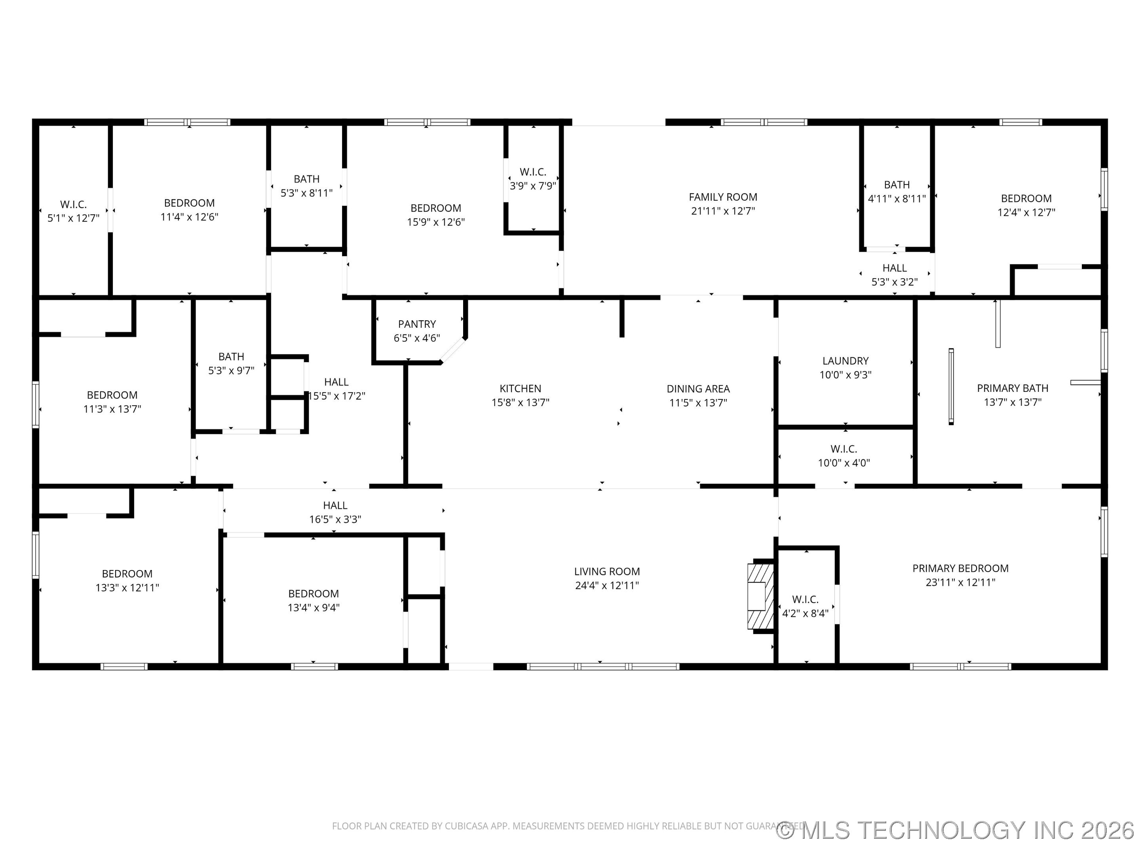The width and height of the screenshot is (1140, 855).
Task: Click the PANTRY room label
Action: (416, 324)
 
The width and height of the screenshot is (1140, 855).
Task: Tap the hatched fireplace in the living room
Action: (761, 596)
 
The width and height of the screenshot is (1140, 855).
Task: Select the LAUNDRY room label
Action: (845, 361)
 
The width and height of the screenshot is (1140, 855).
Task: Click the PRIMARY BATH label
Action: (1012, 388)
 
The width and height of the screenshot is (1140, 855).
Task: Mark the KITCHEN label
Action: (520, 389)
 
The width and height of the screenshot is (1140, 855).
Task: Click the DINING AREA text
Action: (698, 389)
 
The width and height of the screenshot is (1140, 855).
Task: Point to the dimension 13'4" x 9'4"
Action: (313, 608)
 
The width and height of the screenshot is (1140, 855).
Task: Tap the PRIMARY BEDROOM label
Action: (960, 568)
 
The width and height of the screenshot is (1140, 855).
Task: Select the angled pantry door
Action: (453, 350)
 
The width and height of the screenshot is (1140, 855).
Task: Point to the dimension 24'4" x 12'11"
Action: (606, 585)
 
